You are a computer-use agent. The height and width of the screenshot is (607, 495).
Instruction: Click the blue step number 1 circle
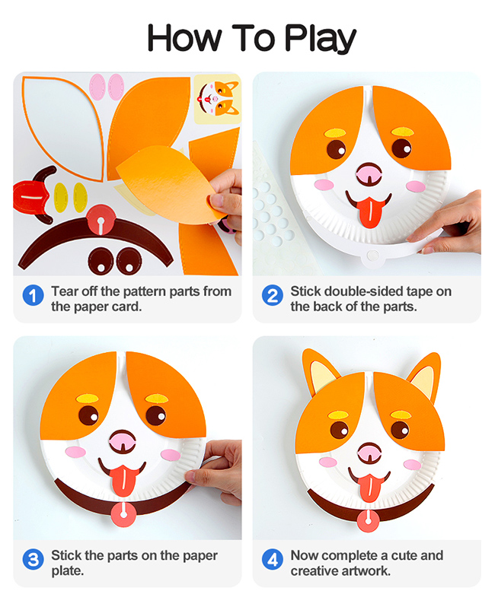[x=33, y=295]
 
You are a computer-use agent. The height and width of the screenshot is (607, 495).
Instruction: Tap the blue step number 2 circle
[x=273, y=295]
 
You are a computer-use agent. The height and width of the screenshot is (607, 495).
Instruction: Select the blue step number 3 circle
[x=33, y=560]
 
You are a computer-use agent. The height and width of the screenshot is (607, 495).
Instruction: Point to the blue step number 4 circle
[x=273, y=560]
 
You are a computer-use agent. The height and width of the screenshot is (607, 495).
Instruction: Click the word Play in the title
[x=321, y=38]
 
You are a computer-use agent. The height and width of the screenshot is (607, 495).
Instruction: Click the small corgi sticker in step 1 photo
[x=218, y=99]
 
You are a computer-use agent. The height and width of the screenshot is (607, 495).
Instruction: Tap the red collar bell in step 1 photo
[x=101, y=220]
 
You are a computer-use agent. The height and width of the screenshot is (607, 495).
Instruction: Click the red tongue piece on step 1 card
[x=30, y=196]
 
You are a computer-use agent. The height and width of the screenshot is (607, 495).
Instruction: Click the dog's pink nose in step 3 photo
[x=123, y=440]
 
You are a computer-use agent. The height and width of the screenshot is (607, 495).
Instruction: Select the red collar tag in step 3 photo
[x=123, y=513]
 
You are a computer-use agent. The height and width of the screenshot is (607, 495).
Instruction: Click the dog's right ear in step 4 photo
[x=424, y=376]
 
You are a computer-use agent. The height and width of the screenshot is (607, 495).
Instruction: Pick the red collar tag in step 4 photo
[x=368, y=520]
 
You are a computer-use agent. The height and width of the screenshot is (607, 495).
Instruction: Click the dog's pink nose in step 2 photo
[x=369, y=174]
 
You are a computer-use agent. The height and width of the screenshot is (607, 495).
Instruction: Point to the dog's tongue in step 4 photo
[x=369, y=487]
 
